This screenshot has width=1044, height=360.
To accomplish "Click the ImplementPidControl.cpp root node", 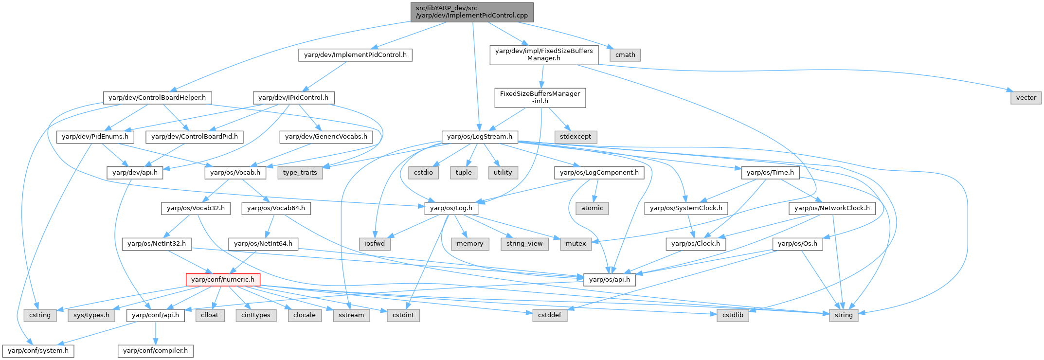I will point(472,12).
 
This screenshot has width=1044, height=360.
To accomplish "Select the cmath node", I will point(625,55).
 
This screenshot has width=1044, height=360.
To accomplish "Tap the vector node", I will point(1026,98).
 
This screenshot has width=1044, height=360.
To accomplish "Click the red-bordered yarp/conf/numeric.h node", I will point(223,280).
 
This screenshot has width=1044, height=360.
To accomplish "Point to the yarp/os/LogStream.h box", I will point(480,137).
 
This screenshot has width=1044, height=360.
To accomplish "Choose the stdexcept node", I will point(576,137).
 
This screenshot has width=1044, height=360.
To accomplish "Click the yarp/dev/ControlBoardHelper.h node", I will point(157,98).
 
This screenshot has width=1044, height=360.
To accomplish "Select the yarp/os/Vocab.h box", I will point(235,173).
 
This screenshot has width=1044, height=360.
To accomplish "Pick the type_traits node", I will point(300,173).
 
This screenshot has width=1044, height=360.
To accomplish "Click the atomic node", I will point(592,208).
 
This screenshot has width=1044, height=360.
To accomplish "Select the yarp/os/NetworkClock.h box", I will point(832,208).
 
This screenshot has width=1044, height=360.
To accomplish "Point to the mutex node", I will point(576,244).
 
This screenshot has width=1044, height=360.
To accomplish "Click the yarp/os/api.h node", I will point(610,280).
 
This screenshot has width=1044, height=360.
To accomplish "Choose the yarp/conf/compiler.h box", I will point(156,351).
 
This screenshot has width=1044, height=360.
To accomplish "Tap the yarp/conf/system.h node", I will point(38,351).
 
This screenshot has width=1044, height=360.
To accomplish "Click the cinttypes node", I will point(256,315).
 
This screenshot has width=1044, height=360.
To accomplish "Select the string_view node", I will point(524,244).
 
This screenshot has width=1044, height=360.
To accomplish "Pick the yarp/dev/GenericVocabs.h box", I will point(326,137).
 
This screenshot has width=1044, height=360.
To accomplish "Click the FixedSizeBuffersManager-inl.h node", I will point(540,97).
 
